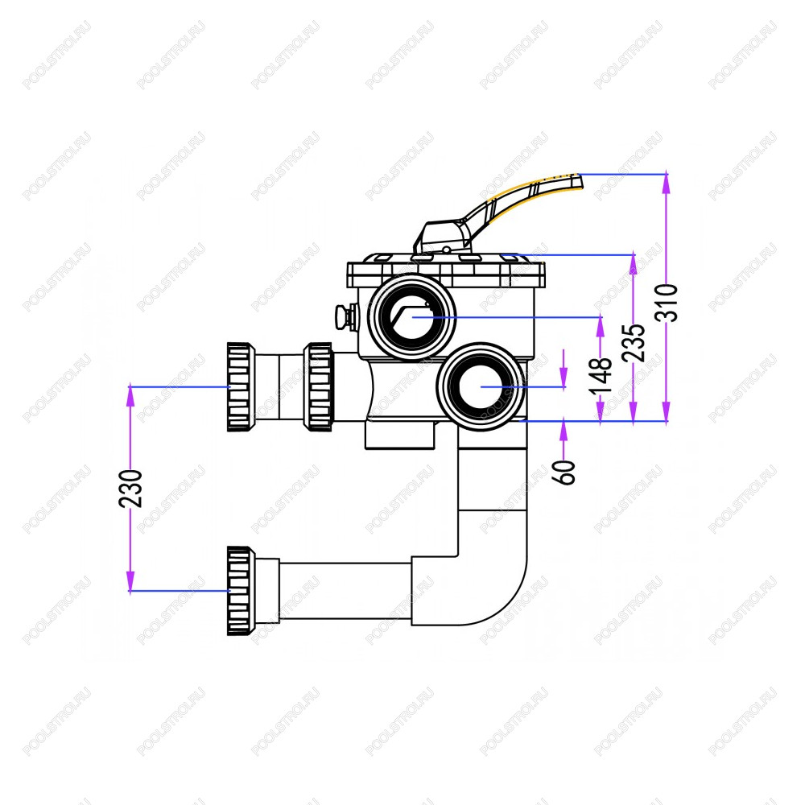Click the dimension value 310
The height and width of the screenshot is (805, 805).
tap(667, 303)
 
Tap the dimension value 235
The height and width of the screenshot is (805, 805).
tap(634, 342)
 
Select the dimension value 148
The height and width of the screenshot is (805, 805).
tap(601, 376)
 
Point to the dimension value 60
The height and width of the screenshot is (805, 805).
tap(565, 473)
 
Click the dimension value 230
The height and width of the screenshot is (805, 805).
tap(130, 489)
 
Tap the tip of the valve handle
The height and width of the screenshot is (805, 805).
tap(581, 181)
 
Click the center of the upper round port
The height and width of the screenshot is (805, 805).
tap(412, 317)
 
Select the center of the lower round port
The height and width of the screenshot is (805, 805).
tap(481, 386)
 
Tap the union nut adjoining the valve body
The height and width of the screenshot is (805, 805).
tap(318, 386)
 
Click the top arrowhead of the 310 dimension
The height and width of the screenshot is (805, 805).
tap(667, 183)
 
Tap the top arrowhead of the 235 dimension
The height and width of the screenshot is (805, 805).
tap(634, 263)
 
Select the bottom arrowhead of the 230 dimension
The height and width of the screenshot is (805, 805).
tap(130, 582)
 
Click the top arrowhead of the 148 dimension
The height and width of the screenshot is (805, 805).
tap(601, 327)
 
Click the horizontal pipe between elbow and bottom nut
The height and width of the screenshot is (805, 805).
tap(345, 591)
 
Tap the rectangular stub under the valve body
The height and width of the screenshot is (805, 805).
tap(400, 436)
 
